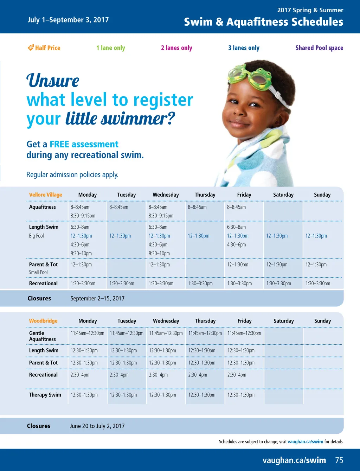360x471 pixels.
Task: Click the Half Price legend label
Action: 44,47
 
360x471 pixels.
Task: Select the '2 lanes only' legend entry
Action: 176,48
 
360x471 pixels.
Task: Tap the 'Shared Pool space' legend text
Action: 319,47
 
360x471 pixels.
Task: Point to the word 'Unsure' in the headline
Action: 53,81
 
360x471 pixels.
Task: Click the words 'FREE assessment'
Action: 84,144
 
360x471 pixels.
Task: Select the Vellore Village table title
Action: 45,195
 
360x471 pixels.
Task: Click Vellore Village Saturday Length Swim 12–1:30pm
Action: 277,236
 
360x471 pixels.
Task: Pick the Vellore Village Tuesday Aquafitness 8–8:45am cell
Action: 119,207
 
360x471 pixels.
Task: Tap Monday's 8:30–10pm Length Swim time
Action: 81,253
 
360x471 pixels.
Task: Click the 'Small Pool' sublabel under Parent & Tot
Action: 38,272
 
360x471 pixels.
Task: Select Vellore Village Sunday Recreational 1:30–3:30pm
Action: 318,284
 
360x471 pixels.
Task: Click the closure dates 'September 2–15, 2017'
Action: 97,299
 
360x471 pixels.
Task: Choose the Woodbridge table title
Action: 43,321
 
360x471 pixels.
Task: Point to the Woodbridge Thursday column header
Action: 205,321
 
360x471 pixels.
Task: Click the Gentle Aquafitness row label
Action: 43,336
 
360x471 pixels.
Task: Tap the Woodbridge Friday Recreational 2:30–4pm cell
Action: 237,375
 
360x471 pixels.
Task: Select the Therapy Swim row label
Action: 45,395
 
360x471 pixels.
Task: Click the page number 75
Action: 339,460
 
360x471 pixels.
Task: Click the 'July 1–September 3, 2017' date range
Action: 68,20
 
